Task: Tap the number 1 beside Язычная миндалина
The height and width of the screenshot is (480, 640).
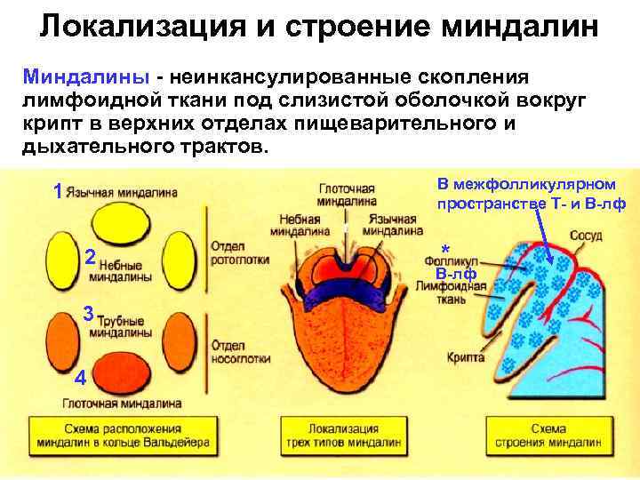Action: click(58, 191)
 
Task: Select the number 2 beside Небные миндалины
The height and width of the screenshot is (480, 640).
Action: click(90, 259)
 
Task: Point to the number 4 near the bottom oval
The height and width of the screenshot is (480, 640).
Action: click(80, 378)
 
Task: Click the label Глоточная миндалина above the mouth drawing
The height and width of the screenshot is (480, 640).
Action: click(347, 195)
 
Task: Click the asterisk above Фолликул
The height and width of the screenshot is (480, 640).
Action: click(445, 249)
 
